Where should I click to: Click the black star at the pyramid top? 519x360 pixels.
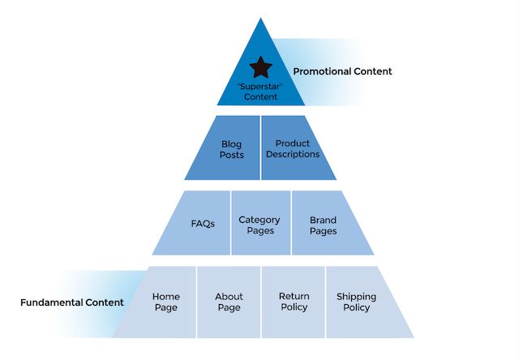click(x=259, y=66)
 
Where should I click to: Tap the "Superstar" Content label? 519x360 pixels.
click(x=259, y=91)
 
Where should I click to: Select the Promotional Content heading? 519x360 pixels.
click(x=342, y=71)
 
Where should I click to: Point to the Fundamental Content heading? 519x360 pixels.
click(x=72, y=302)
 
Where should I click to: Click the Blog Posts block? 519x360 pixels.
click(x=231, y=149)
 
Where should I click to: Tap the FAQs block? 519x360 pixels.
click(x=203, y=224)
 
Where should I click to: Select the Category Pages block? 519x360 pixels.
click(x=259, y=225)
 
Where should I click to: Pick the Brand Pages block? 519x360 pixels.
click(x=323, y=225)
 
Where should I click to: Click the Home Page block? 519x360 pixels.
click(x=165, y=302)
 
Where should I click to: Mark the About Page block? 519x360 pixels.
click(x=229, y=302)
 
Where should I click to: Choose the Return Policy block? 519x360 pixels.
click(x=294, y=302)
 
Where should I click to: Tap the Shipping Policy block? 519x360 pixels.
click(x=356, y=302)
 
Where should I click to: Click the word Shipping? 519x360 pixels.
click(x=356, y=297)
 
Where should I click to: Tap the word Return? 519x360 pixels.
click(x=294, y=297)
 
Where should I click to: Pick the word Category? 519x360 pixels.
click(x=259, y=220)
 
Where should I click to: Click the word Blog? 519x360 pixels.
click(x=231, y=144)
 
